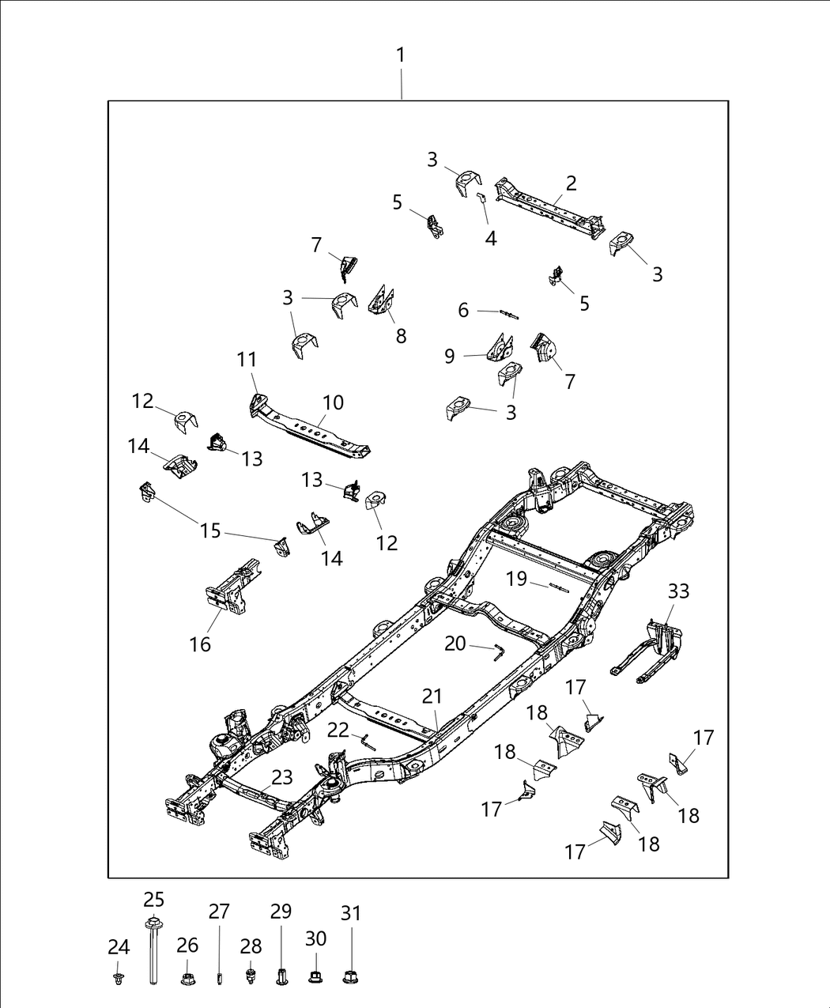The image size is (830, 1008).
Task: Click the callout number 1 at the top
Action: (401, 55)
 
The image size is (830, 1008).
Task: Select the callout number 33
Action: (678, 591)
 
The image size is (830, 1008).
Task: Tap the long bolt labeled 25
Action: (153, 953)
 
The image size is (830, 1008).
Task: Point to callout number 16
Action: (200, 644)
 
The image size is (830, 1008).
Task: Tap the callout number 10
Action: (333, 402)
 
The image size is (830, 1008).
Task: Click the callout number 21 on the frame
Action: (432, 697)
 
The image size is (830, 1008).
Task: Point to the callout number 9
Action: (449, 356)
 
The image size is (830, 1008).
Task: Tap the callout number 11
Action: (247, 360)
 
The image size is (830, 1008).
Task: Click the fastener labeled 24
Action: (119, 979)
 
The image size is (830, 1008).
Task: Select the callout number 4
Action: (491, 238)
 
